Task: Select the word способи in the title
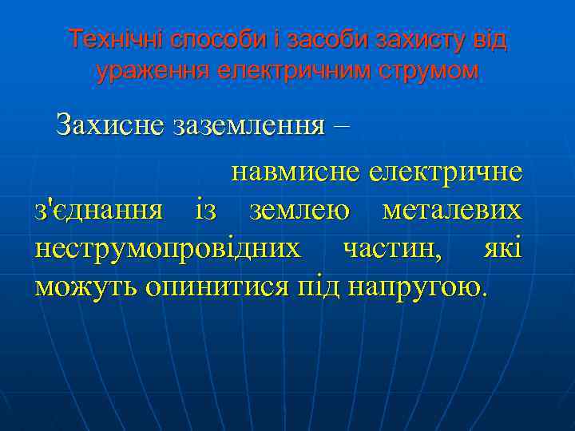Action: tap(215, 38)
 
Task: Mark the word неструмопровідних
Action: tap(169, 248)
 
